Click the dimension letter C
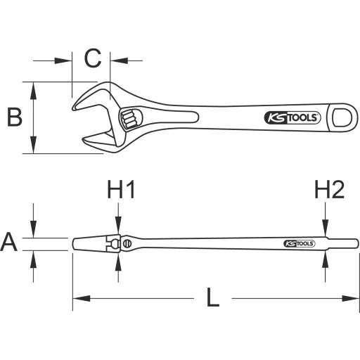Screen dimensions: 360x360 93,59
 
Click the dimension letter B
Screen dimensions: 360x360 14,117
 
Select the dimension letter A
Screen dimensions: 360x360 9,243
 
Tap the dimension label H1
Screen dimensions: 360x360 120,190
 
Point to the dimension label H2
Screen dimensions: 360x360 328,190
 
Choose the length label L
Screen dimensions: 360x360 213,298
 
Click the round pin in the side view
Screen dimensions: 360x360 127,243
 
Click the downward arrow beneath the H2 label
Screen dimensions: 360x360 325,229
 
